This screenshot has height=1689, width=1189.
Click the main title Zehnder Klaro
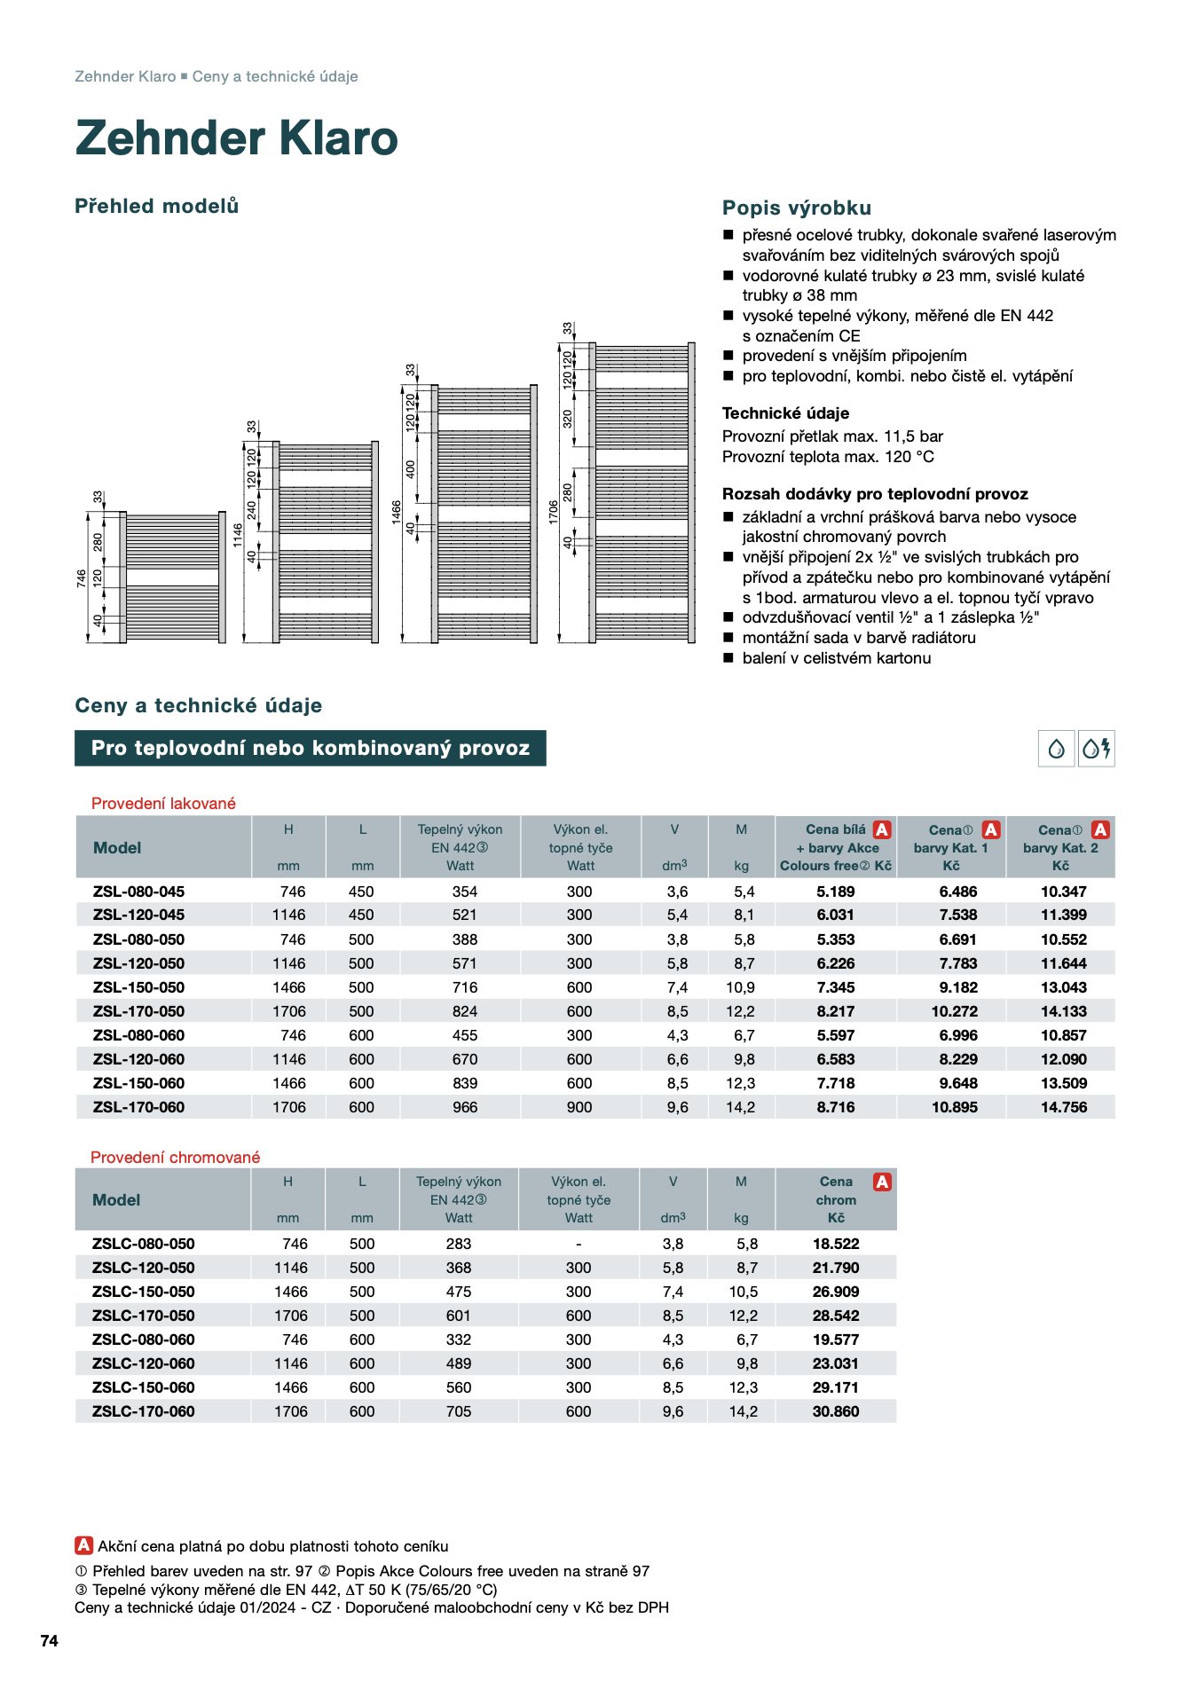[x=236, y=138]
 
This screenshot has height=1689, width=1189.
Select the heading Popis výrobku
[x=796, y=208]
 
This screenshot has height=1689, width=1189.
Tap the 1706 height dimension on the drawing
[x=553, y=511]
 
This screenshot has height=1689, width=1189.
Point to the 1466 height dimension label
[x=396, y=512]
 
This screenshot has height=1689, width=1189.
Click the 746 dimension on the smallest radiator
[x=82, y=578]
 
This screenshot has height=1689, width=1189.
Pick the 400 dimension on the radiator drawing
[x=410, y=468]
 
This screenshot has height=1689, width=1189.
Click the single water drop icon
[x=1056, y=749]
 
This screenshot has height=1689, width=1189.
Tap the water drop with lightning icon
[x=1096, y=749]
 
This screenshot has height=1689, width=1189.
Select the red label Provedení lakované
[x=163, y=804]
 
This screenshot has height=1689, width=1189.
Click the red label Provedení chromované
[x=175, y=1158]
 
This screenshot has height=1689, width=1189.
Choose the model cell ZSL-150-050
[x=138, y=987]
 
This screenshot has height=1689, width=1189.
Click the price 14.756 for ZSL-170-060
[x=1063, y=1107]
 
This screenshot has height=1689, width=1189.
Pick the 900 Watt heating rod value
[x=579, y=1107]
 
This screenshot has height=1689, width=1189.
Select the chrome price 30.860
[x=836, y=1411]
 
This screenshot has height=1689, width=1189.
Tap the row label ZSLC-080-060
[x=143, y=1339]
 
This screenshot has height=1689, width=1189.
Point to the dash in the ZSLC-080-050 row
[x=579, y=1244]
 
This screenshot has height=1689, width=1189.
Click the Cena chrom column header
[x=836, y=1199]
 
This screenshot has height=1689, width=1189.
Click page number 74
[x=50, y=1641]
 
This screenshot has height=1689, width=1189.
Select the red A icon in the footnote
[x=83, y=1545]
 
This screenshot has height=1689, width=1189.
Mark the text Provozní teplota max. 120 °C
[x=827, y=457]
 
